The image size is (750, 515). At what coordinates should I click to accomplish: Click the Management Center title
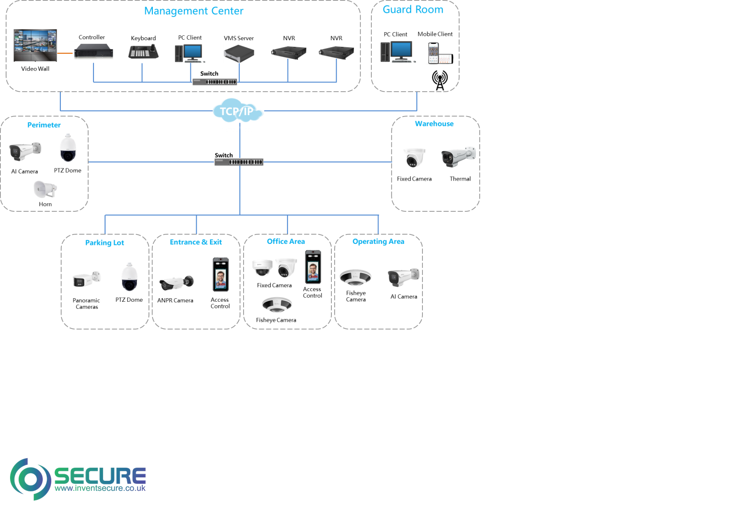click(x=194, y=11)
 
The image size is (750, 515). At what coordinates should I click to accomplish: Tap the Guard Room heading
click(x=413, y=10)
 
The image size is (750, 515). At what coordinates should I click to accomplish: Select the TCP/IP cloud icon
click(x=238, y=111)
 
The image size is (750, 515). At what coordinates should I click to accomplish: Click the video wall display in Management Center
click(x=35, y=45)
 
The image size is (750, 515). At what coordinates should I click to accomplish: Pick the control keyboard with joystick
click(x=143, y=51)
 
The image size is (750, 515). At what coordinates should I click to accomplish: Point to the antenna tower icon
click(x=440, y=80)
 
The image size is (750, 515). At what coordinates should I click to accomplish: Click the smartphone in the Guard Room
click(x=433, y=52)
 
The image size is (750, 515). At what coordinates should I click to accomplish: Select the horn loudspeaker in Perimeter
click(x=45, y=189)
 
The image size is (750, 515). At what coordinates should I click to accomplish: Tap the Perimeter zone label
click(x=44, y=125)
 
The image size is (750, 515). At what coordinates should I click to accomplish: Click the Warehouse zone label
click(x=434, y=124)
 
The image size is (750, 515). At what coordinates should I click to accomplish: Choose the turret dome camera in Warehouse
click(x=414, y=157)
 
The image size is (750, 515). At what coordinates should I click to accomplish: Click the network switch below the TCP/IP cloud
click(x=239, y=162)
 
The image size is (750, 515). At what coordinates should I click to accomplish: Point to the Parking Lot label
click(x=105, y=243)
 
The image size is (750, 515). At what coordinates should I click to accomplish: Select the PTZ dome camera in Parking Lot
click(x=129, y=277)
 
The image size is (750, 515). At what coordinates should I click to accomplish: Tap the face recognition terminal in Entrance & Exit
click(x=221, y=274)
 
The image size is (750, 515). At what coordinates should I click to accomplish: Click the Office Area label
click(x=286, y=241)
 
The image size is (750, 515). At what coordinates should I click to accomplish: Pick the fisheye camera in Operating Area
click(x=355, y=277)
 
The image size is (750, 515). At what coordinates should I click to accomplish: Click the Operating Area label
click(x=379, y=241)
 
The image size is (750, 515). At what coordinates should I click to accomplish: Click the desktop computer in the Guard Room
click(x=398, y=52)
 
